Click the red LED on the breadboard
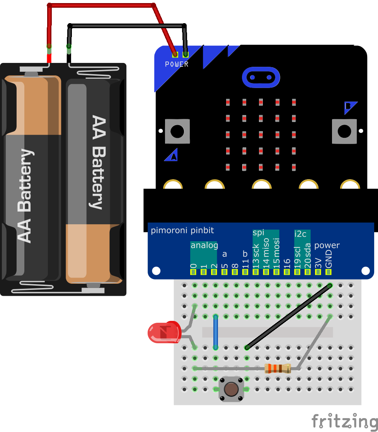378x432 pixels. [x=164, y=333]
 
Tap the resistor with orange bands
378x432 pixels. [x=277, y=369]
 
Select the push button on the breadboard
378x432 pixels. [x=231, y=389]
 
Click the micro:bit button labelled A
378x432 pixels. [x=177, y=131]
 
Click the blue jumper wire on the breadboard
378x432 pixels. [x=216, y=332]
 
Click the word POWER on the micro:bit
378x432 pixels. [x=177, y=64]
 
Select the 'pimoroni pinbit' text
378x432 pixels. [x=182, y=231]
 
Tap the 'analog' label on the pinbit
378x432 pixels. [x=204, y=245]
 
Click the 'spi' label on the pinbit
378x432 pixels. [x=258, y=232]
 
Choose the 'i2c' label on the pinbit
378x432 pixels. [x=301, y=234]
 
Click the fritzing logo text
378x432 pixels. [x=344, y=420]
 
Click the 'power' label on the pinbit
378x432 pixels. [x=327, y=245]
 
